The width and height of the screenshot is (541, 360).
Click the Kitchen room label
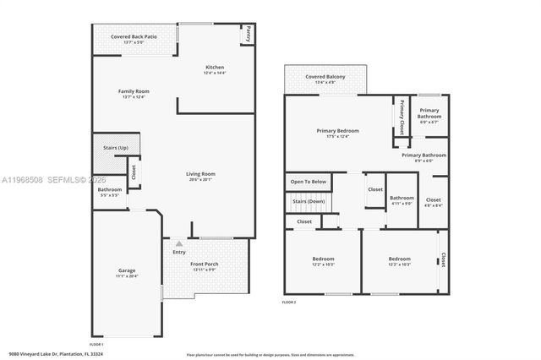215,68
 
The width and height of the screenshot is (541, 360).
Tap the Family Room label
134,91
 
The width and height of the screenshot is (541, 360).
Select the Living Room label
201,174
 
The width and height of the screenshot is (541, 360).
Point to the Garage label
126,270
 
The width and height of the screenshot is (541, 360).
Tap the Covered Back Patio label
134,35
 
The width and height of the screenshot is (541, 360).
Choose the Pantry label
249,35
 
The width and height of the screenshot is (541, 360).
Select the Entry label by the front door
179,252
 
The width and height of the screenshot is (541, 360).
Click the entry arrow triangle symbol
178,243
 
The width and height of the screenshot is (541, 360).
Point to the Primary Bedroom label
337,131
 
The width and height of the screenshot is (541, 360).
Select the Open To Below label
308,182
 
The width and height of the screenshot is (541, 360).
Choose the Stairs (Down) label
309,202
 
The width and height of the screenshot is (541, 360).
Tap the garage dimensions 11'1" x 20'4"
126,276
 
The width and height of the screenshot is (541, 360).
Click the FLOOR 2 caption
289,302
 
